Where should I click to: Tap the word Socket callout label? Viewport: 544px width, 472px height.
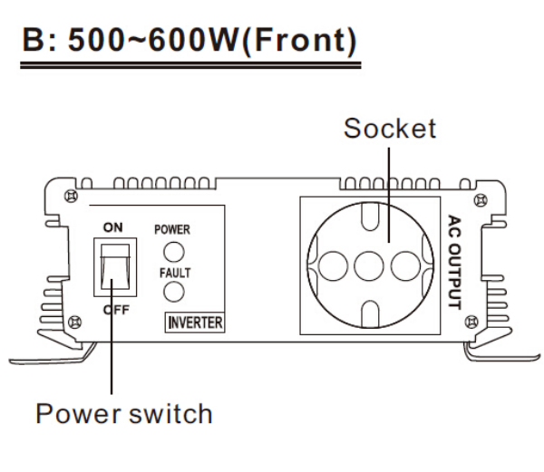389,128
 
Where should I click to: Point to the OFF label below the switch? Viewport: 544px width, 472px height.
113,308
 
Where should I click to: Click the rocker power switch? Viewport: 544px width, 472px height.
113,267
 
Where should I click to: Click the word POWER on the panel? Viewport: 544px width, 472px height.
171,229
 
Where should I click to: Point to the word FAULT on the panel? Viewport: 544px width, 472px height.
171,270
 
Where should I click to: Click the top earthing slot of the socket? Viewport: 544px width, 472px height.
369,217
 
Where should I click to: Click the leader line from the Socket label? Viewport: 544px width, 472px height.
389,181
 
